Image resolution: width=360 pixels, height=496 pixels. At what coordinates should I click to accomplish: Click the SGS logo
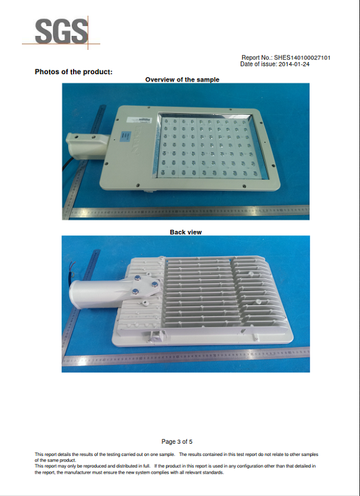(x=61, y=32)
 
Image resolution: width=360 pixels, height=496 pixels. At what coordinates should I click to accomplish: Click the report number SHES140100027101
(x=302, y=58)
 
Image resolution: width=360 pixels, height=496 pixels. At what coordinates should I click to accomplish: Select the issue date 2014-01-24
(x=294, y=64)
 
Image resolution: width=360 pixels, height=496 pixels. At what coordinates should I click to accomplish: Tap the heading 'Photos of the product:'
(x=74, y=72)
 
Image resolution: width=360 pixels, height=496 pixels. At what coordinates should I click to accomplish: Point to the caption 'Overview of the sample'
(x=182, y=80)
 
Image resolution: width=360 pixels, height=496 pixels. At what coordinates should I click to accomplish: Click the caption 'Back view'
(x=185, y=232)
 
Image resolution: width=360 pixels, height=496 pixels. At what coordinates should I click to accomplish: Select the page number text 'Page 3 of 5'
(x=177, y=441)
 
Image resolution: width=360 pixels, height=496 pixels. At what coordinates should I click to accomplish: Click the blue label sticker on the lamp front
(x=125, y=136)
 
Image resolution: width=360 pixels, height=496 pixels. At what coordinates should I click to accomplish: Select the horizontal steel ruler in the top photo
(x=186, y=212)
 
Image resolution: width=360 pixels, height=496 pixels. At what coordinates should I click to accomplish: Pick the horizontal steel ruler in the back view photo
(x=186, y=356)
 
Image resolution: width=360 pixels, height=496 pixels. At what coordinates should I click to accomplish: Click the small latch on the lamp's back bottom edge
(x=157, y=336)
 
